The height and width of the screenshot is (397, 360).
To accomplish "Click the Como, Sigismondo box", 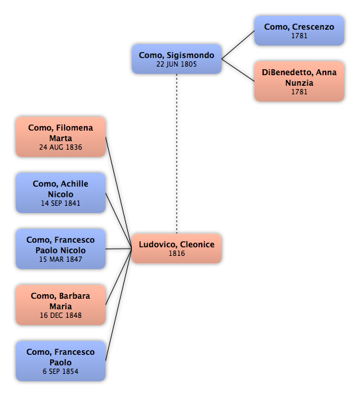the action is [177, 59].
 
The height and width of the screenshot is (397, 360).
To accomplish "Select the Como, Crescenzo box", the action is [299, 30].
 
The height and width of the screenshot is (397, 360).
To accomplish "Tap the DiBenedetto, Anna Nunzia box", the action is [299, 81].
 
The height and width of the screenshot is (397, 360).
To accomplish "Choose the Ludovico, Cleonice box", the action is [177, 249].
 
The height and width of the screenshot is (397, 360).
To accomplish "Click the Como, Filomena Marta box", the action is [61, 137].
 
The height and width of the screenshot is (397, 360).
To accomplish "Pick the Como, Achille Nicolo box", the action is [61, 193].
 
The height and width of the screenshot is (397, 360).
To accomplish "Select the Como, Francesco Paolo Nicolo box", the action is [61, 249].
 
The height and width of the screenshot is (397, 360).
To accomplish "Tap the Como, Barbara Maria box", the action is [61, 305].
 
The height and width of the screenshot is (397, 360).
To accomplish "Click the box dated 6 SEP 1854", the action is [61, 361].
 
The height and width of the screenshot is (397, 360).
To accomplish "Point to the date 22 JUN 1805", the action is [177, 65].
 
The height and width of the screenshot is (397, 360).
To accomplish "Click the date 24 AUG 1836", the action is [61, 147].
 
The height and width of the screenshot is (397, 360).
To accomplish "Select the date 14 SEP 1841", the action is [61, 203].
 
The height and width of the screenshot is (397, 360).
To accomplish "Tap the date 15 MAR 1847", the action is [61, 260].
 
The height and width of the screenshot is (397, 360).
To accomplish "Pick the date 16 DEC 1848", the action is [61, 315].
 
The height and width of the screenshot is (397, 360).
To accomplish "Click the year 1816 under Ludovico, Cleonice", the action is [177, 253].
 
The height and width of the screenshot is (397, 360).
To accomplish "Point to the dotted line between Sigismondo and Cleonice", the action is [177, 154].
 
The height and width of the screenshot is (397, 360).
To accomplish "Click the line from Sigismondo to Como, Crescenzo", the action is [238, 45].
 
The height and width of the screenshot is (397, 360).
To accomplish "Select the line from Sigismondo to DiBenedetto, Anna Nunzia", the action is [238, 70].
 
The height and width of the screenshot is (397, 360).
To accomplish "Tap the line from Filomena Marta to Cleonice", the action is [119, 193].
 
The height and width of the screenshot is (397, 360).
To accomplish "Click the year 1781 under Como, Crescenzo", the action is [299, 36].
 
